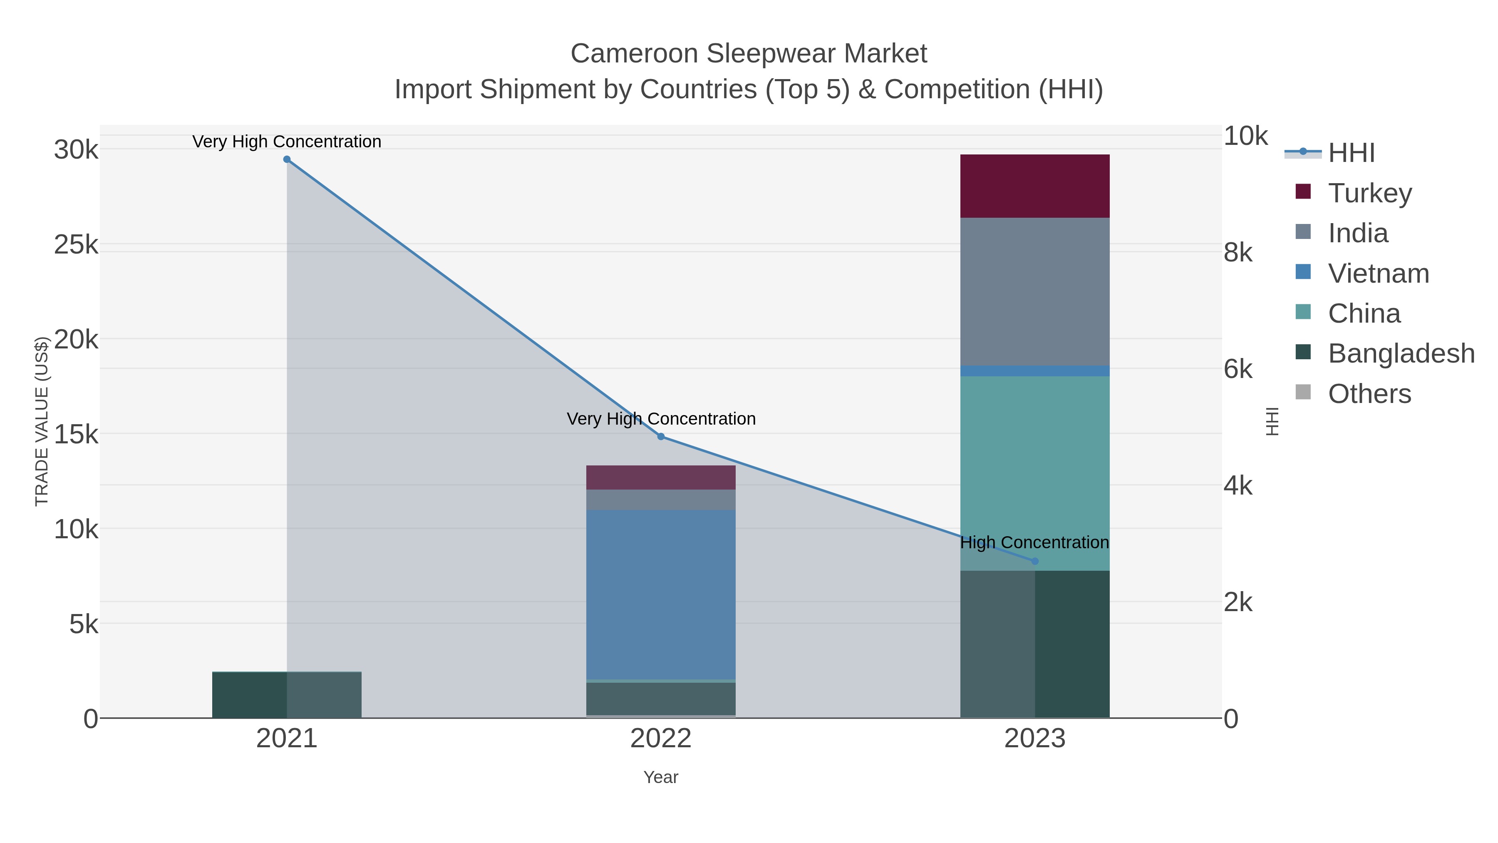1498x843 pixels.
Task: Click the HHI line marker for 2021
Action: coord(287,159)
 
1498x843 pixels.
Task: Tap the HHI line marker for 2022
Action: coord(661,436)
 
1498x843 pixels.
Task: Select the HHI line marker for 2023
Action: coord(1034,562)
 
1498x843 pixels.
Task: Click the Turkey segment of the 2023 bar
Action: coord(1034,186)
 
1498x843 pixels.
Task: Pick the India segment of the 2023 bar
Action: coord(1034,291)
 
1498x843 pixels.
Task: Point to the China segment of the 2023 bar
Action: coord(1034,465)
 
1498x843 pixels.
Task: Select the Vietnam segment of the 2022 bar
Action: coord(661,593)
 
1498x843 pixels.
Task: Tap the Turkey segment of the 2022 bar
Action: coord(661,477)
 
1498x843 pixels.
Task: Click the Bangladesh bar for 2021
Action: coord(287,695)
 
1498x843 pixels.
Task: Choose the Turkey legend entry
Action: coord(1369,193)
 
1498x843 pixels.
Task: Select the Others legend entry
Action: coord(1369,394)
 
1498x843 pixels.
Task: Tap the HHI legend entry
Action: coord(1351,152)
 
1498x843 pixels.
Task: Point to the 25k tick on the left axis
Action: coord(76,245)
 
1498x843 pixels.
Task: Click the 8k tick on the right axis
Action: coord(1238,253)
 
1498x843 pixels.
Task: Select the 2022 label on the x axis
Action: coord(661,738)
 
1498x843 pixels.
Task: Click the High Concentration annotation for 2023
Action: coord(1034,542)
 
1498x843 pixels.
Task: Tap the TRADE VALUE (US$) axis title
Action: coord(42,421)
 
